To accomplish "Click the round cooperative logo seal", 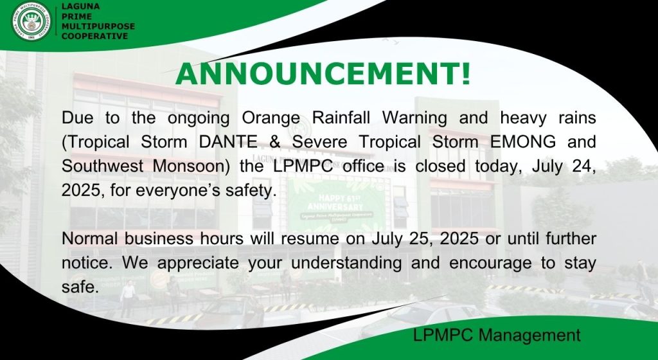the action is click(x=31, y=21).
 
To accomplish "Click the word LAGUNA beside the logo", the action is click(x=80, y=6).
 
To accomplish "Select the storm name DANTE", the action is click(x=228, y=142).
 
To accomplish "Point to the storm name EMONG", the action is click(x=523, y=142).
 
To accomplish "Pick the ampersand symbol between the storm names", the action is click(x=274, y=142).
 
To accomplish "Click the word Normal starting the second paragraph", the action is click(x=90, y=239).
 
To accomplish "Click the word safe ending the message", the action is click(x=80, y=287).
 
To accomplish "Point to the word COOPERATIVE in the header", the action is click(x=95, y=36).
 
